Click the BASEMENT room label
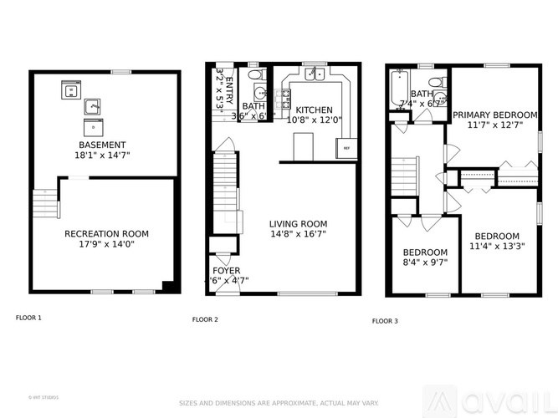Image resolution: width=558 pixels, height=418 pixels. coord(104,145)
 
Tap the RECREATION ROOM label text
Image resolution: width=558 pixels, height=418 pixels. coord(106,234)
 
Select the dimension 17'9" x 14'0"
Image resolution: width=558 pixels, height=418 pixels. coord(106,245)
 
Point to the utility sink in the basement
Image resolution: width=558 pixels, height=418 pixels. coord(92,106)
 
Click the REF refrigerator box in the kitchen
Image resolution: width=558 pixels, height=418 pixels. coord(346,148)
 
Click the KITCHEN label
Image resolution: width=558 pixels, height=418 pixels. coord(315,110)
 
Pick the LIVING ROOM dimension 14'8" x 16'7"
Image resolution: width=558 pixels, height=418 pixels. coord(298,235)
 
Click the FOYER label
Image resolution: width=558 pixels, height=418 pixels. coord(226,271)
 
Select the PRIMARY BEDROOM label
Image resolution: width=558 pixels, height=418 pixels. coord(494,115)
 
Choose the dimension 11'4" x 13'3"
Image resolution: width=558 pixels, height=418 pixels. coord(498,247)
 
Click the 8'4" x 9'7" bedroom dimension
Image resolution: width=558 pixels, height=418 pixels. coord(425,263)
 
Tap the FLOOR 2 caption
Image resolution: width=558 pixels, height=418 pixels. coord(205,319)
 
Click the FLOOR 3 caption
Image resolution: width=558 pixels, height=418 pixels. coord(385,320)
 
